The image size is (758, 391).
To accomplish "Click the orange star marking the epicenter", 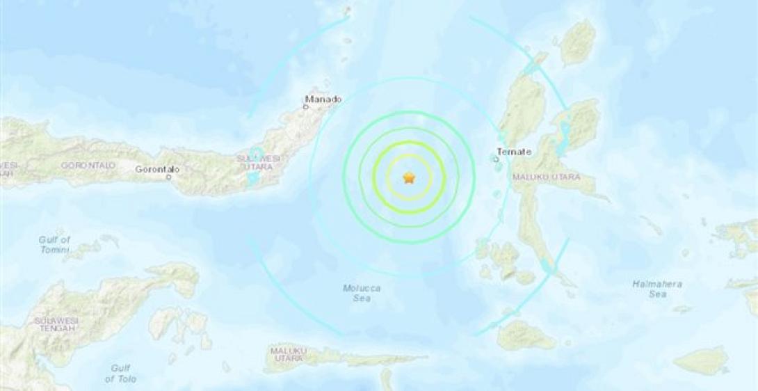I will (x=408, y=178).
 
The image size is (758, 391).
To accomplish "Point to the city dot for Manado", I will (x=307, y=107).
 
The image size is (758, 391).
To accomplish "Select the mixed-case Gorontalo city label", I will (x=157, y=169).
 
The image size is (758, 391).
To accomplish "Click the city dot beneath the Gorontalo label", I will (x=169, y=177).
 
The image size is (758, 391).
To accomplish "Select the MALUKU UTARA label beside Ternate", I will (x=546, y=177).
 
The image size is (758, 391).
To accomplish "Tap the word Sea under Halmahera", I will (x=657, y=294).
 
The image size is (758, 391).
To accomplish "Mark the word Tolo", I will (x=127, y=378).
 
